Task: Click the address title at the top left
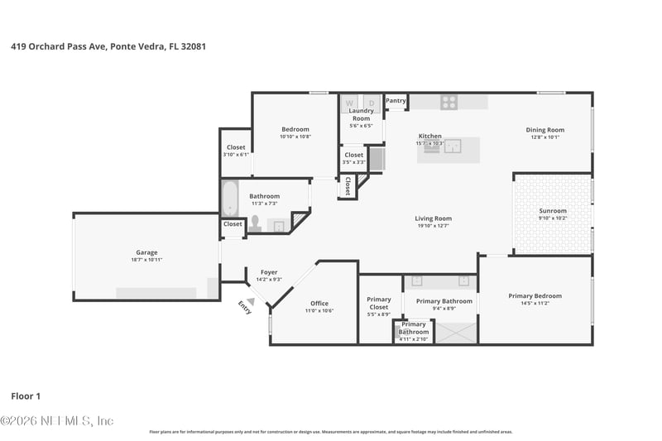tap(108, 47)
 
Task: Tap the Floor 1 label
tap(26, 396)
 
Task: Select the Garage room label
tap(146, 252)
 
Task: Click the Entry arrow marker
tap(251, 289)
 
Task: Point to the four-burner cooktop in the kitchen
tap(448, 103)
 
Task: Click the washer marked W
tap(349, 103)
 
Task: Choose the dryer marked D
tap(371, 103)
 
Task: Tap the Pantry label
tap(396, 101)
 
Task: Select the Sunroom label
tap(553, 211)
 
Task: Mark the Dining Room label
tap(545, 129)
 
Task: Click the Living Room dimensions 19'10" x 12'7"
tap(433, 226)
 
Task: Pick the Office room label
tap(319, 304)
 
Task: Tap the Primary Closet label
tap(379, 303)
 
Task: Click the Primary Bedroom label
tap(535, 295)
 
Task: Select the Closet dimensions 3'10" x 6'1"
tap(236, 155)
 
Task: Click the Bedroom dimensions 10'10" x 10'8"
tap(295, 137)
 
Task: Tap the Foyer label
tap(269, 272)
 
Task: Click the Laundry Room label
tap(361, 114)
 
